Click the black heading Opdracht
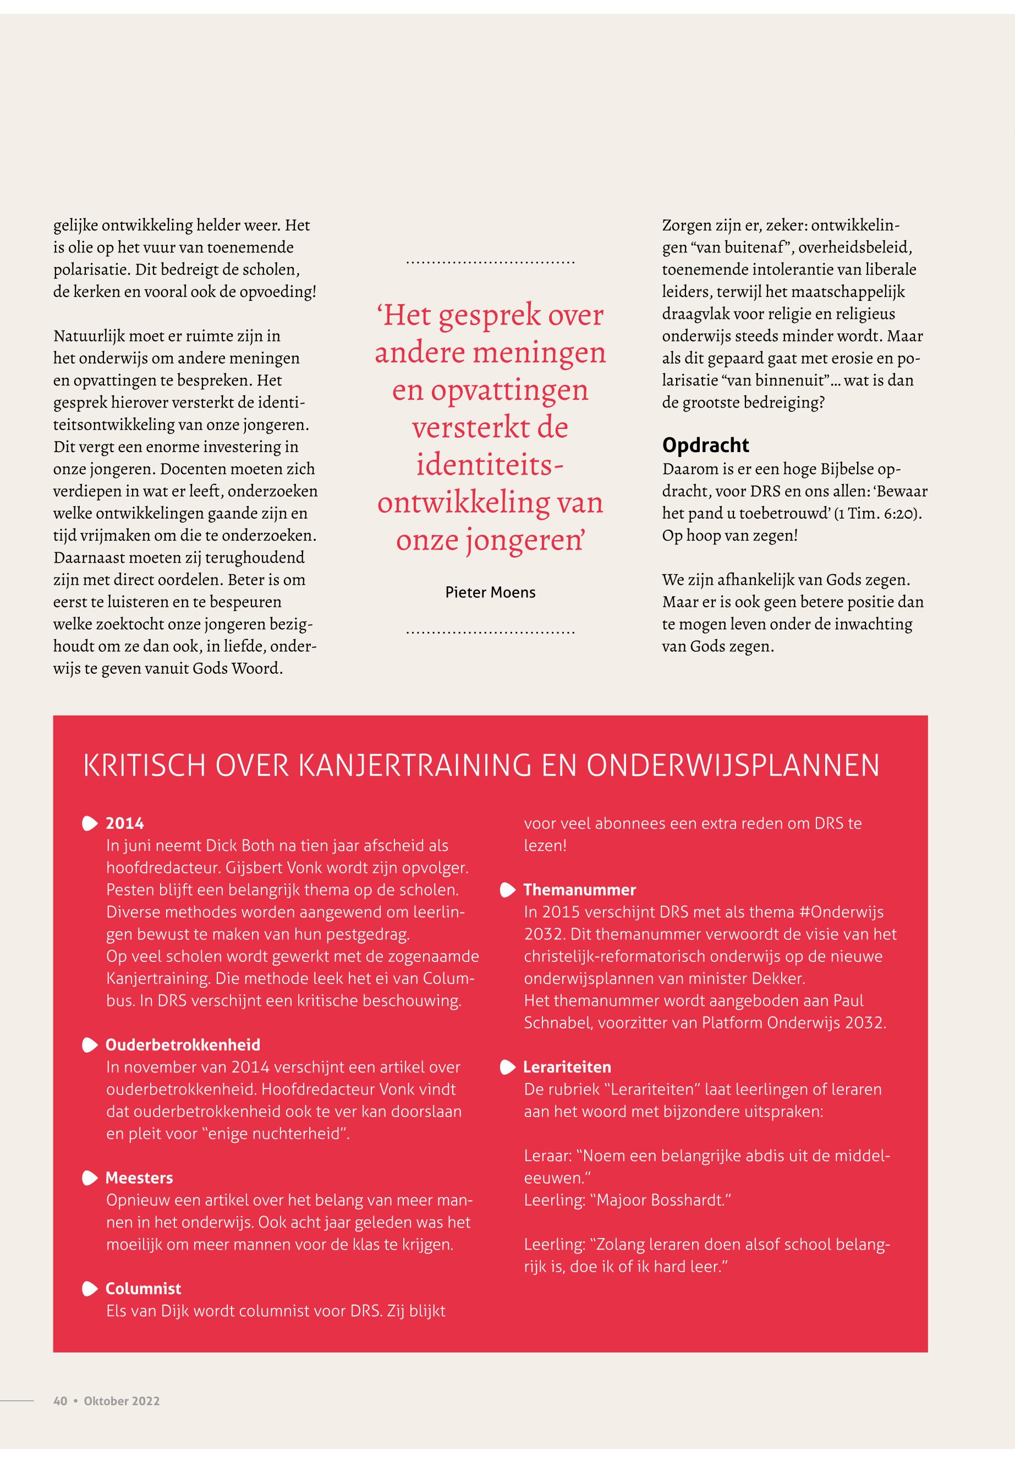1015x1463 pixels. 705,445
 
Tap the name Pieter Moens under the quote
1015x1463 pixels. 490,592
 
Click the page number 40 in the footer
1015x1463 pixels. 60,1401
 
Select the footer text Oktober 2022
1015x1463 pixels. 122,1401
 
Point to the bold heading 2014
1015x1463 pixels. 125,823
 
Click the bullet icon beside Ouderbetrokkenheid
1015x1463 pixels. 90,1045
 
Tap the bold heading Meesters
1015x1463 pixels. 139,1178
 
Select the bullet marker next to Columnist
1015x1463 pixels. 90,1289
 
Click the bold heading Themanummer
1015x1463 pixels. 579,889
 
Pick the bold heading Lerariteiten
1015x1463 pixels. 567,1067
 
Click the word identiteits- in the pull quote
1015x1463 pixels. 490,465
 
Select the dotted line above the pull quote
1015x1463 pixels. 490,262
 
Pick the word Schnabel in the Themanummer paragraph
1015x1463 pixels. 553,1022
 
